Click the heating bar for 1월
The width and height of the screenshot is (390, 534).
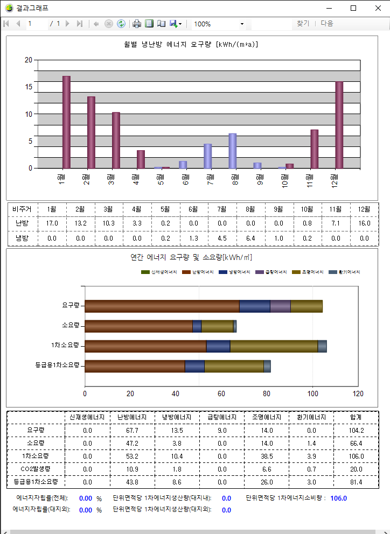[x=66, y=122]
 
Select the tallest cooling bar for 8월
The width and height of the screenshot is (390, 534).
[x=233, y=151]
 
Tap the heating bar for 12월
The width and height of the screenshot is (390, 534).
[x=339, y=125]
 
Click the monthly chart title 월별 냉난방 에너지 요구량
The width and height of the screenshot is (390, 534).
[x=191, y=45]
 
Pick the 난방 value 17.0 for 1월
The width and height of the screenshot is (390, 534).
[x=52, y=223]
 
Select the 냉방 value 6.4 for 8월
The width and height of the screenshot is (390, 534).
[x=250, y=238]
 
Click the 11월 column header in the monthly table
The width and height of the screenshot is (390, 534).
[x=335, y=209]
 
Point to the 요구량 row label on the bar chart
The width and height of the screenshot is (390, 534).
[x=71, y=305]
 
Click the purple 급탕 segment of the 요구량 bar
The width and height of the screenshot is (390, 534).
[x=280, y=306]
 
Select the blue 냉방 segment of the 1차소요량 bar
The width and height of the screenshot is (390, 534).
[x=218, y=346]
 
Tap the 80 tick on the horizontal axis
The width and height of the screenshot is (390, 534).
[x=267, y=393]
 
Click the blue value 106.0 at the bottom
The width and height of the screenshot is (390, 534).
[x=338, y=498]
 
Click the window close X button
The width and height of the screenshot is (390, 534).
[x=378, y=8]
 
